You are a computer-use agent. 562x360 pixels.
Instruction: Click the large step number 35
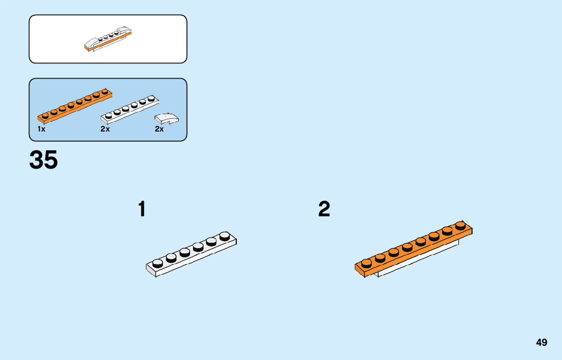tap(44, 160)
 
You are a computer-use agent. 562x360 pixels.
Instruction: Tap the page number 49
tap(541, 342)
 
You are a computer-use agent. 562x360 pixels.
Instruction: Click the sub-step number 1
tap(142, 209)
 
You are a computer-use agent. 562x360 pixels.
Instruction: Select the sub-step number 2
tap(324, 209)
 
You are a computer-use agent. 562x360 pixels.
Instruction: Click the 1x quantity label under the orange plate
tap(42, 129)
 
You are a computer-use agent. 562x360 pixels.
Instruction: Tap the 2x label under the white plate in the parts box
tap(105, 129)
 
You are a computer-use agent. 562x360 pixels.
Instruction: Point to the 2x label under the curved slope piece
tap(160, 129)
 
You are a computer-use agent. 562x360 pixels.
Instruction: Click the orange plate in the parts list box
tap(75, 105)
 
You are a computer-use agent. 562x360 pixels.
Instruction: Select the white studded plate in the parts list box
tap(130, 109)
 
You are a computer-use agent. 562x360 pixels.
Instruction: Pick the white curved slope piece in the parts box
tap(167, 118)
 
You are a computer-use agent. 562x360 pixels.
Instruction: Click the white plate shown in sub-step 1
tap(192, 254)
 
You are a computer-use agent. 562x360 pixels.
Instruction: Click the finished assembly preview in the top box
tap(111, 40)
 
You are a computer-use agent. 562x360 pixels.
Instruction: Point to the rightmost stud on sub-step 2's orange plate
tap(460, 225)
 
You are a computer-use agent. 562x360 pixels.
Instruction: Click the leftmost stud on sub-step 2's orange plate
tap(366, 263)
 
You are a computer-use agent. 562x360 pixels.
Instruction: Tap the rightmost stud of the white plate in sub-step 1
tap(225, 236)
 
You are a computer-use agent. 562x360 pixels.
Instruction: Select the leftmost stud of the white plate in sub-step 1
tap(158, 263)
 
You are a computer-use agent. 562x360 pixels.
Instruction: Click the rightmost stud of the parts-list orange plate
tap(105, 91)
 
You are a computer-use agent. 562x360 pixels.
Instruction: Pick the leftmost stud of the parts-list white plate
tap(108, 115)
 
